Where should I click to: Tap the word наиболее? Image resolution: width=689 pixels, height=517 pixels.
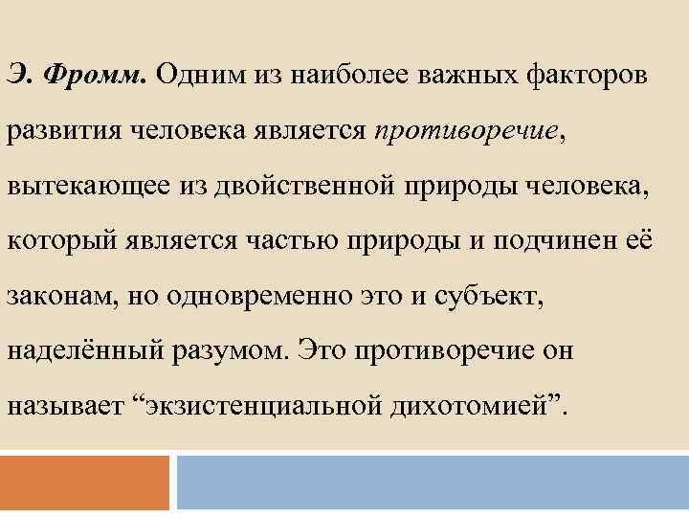point(362,74)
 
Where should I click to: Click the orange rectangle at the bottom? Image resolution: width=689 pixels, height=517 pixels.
point(84,483)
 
